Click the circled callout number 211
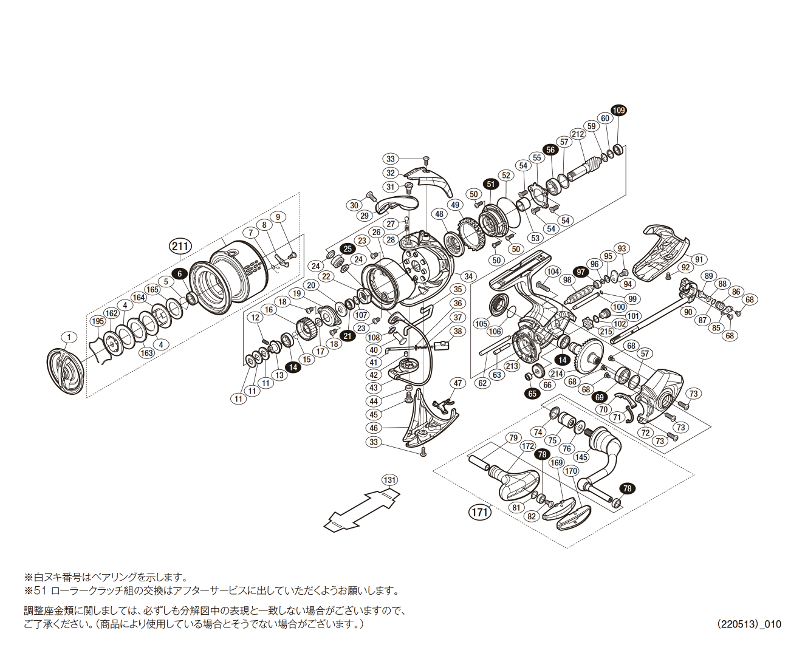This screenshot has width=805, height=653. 180,246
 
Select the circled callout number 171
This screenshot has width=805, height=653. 480,512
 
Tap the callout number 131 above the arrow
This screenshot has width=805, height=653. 389,480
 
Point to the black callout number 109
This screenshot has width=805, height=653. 618,110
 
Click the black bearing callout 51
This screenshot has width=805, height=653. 491,184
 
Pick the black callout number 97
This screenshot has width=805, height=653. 581,272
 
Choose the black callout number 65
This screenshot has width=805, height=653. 532,393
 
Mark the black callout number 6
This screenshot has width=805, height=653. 179,273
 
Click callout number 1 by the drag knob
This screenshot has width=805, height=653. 69,337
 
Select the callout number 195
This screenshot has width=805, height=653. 97,321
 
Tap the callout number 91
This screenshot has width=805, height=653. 699,259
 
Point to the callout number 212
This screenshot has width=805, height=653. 577,134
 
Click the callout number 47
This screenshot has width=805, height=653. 458,383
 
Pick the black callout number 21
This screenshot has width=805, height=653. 348,335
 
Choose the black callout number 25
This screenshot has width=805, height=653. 348,248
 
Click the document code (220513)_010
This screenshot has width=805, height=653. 748,624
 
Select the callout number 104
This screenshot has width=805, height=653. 552,272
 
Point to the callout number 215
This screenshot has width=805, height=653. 605,331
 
